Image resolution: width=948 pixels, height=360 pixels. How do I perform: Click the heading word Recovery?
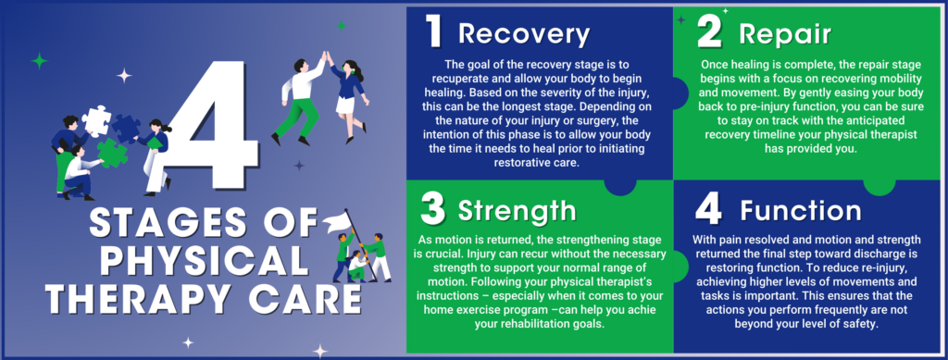pyautogui.click(x=524, y=35)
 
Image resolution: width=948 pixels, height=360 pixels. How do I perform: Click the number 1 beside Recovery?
pyautogui.click(x=433, y=33)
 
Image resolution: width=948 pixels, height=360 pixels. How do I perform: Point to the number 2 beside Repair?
pyautogui.click(x=710, y=34)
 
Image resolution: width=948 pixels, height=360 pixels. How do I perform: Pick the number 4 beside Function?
pyautogui.click(x=709, y=208)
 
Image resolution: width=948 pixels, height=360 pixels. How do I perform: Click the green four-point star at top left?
pyautogui.click(x=38, y=61)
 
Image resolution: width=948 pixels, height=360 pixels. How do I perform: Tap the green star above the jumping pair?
pyautogui.click(x=341, y=26)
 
